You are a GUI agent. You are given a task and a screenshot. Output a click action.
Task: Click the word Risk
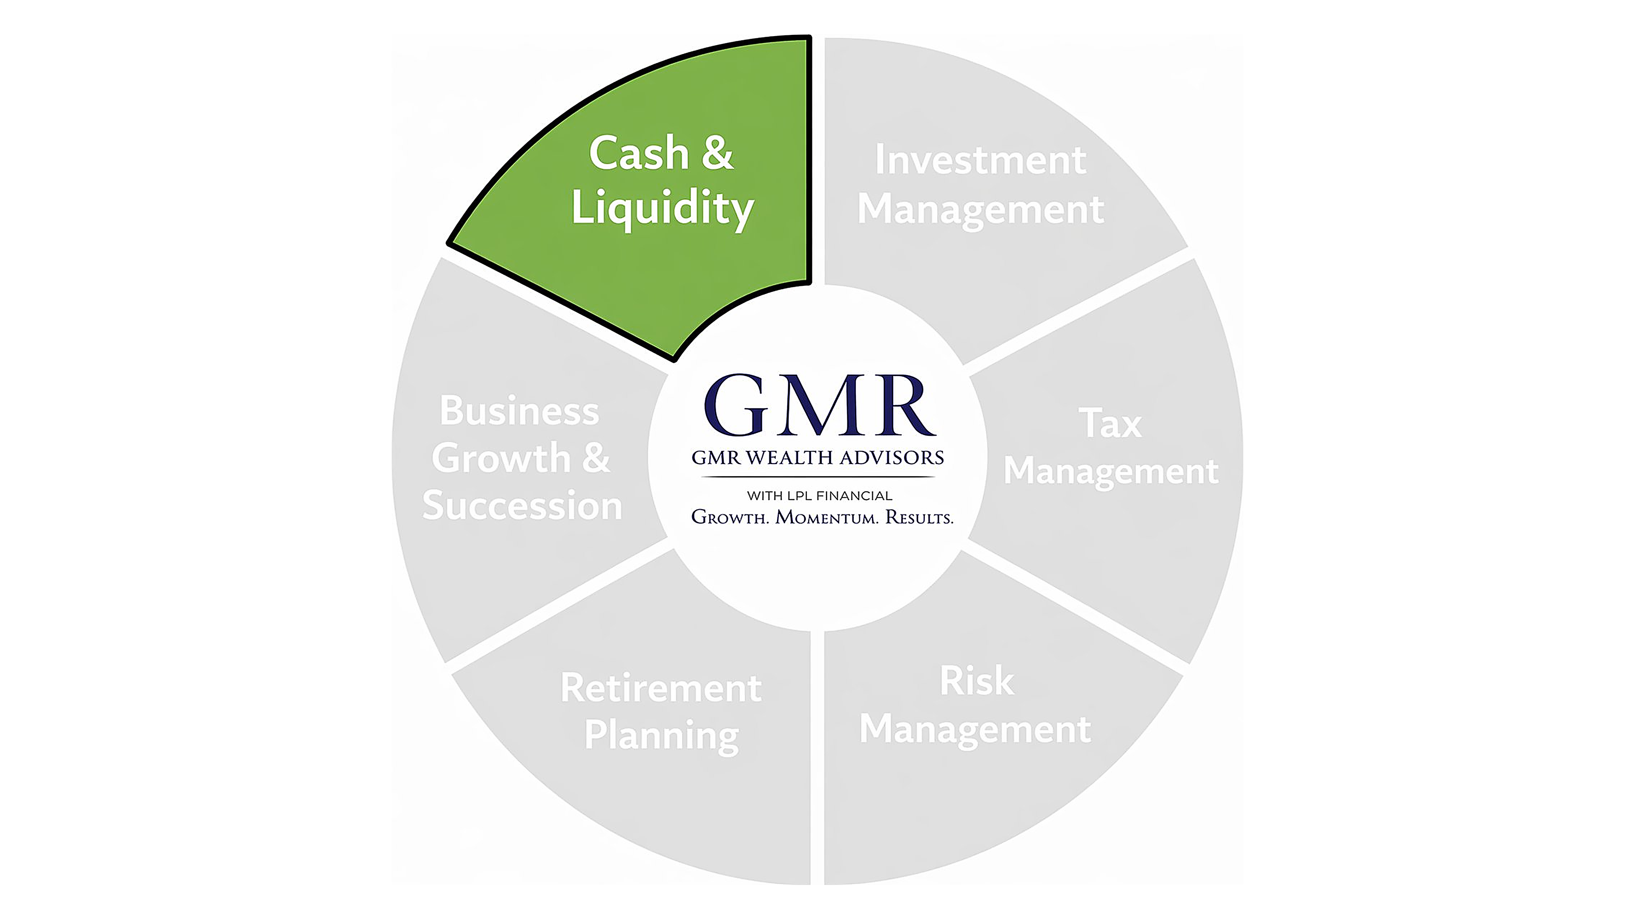click(x=977, y=681)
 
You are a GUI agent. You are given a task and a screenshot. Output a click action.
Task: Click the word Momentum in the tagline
click(x=827, y=517)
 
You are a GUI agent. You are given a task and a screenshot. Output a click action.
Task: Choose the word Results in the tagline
click(x=920, y=517)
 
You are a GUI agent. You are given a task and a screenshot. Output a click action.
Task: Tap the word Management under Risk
click(x=975, y=729)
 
